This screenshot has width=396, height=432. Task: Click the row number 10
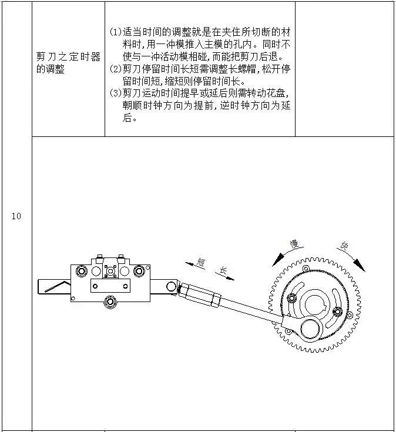16,216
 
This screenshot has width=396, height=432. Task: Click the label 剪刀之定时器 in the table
68,58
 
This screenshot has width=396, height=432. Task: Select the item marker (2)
115,68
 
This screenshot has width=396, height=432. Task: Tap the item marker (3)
115,93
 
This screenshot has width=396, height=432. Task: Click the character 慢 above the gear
294,243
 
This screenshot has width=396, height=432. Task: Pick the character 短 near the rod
200,263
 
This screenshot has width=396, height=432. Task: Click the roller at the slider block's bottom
109,302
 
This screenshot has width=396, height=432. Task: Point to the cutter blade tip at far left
42,286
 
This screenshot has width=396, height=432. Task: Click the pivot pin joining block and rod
171,287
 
